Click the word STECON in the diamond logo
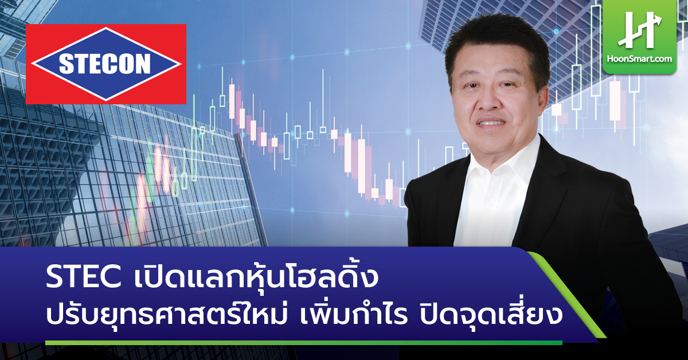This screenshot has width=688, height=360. click(105, 64)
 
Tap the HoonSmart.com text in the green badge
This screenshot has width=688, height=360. click(639, 58)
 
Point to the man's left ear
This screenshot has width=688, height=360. click(542, 100)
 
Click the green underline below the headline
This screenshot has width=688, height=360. click(304, 343)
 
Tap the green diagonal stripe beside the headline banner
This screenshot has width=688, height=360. click(566, 295)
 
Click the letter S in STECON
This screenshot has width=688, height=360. click(66, 64)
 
